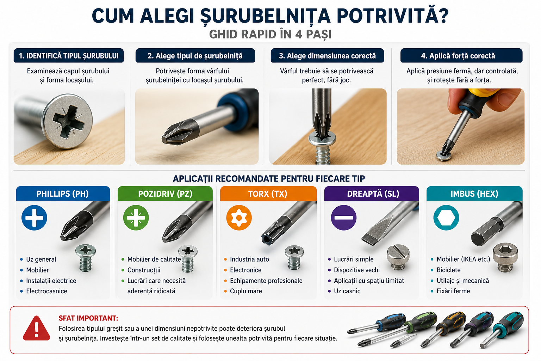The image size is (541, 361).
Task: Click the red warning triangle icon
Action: [37, 328]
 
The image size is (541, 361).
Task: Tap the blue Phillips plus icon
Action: [34, 218]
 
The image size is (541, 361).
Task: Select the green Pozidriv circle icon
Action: [136, 218]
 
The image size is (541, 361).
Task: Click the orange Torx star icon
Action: [239, 218]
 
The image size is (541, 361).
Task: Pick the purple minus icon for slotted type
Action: [344, 218]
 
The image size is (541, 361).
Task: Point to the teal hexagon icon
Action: [446, 218]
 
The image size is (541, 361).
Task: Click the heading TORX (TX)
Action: [268, 194]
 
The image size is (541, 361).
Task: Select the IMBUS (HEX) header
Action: [474, 194]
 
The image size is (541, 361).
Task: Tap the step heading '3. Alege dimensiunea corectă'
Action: [327, 56]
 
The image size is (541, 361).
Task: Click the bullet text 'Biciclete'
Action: [448, 270]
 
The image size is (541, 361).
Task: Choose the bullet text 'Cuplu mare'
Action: [246, 291]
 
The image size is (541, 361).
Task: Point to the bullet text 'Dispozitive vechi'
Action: [357, 270]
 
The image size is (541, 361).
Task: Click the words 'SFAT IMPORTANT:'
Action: [88, 318]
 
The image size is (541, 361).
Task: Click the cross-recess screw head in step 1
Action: [68, 121]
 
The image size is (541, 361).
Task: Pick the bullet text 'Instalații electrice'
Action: [51, 281]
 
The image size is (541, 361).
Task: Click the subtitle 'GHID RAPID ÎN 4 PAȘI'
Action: [270, 34]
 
